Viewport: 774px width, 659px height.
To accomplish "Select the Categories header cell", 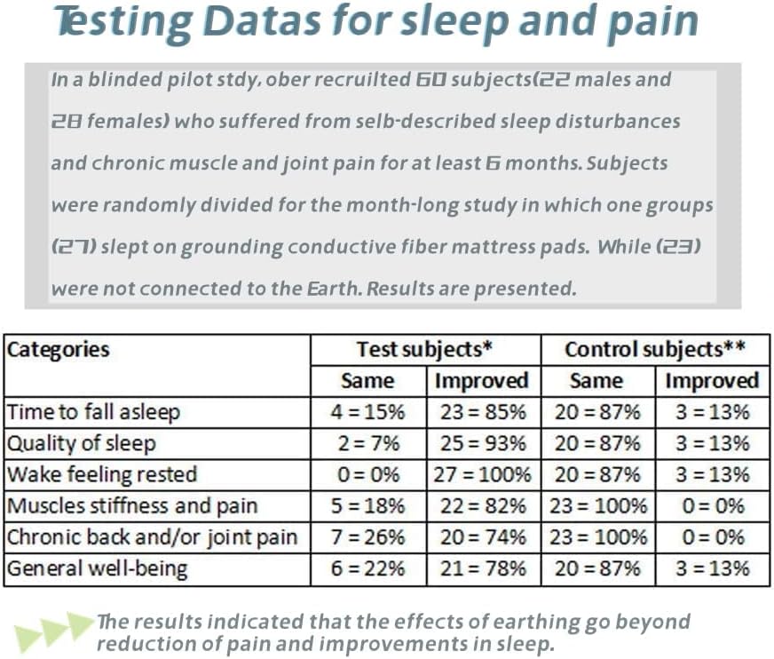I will pos(59,349).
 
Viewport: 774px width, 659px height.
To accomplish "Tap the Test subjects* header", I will pos(424,349).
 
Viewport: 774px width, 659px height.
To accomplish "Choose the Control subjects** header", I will pos(654,349).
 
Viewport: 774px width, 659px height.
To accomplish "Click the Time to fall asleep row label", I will pos(93,412).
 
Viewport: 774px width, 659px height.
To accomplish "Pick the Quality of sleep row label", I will pos(81,443).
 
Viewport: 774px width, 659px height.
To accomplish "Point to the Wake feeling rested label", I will pos(102,474).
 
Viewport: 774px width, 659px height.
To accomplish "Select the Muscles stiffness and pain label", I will pos(132,506).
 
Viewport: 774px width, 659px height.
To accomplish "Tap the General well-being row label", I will pos(98,568).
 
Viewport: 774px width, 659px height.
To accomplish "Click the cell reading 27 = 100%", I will pos(482,474).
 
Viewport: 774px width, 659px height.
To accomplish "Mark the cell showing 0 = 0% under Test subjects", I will pos(367,474).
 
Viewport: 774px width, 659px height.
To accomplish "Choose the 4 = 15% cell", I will pos(367,412).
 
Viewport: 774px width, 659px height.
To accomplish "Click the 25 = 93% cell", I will pos(482,443).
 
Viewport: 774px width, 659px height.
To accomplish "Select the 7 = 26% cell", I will pos(367,537).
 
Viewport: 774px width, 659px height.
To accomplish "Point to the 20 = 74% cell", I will pos(482,537).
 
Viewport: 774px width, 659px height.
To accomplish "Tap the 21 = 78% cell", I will pos(482,568).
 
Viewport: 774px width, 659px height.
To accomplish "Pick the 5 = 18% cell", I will pos(367,506).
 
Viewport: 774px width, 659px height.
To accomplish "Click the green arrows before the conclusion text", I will pos(53,631).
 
